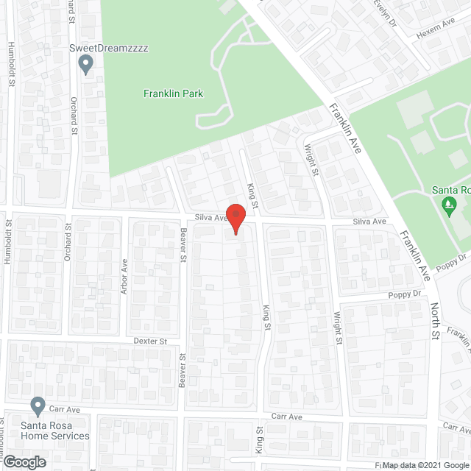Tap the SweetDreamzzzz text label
(x=108, y=48)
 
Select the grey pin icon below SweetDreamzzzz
(x=86, y=65)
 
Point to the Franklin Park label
(x=173, y=93)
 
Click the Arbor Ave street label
(x=124, y=277)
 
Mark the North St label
(x=435, y=322)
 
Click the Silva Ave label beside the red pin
(x=210, y=218)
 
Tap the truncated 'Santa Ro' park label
(x=453, y=190)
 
